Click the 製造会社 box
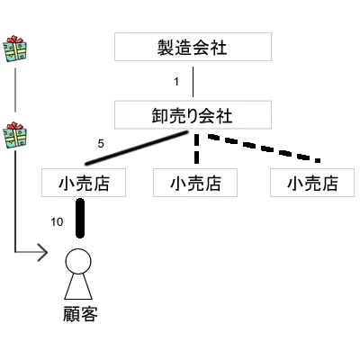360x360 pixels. pyautogui.click(x=193, y=47)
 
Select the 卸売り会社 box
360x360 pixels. pyautogui.click(x=193, y=114)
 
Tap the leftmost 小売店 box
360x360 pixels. pyautogui.click(x=83, y=183)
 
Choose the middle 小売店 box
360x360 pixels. pyautogui.click(x=195, y=183)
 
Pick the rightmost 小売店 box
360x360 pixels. pyautogui.click(x=311, y=183)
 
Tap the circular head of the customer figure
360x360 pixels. pyautogui.click(x=78, y=262)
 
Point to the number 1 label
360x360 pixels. pyautogui.click(x=176, y=82)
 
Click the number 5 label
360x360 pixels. pyautogui.click(x=101, y=141)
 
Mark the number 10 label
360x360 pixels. pyautogui.click(x=57, y=221)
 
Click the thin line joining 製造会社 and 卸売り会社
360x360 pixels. pyautogui.click(x=193, y=81)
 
